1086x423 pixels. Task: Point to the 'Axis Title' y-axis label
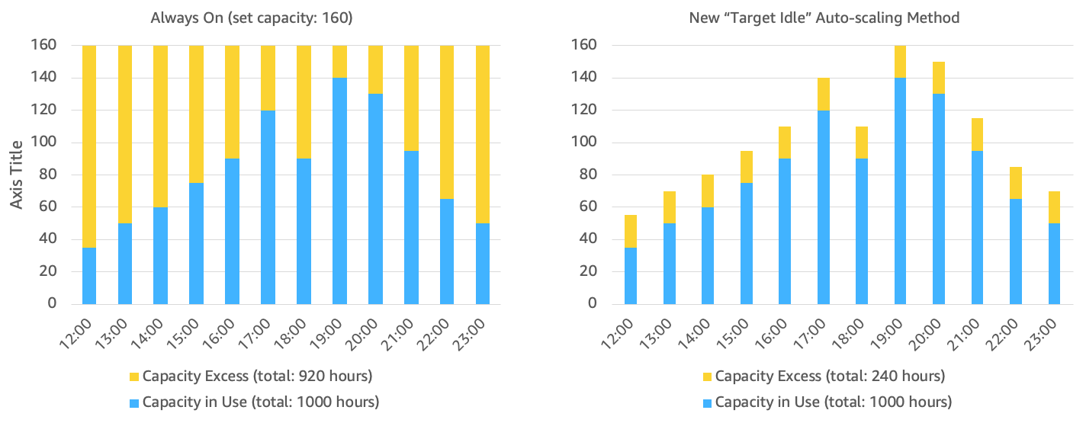click(17, 174)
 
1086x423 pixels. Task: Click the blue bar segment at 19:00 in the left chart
click(339, 191)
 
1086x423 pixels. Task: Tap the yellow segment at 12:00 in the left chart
click(89, 145)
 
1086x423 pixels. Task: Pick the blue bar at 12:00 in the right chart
click(631, 275)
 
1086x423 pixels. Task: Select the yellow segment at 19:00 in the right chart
click(901, 61)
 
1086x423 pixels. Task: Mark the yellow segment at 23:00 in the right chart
click(1055, 207)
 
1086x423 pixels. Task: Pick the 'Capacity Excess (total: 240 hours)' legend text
click(830, 376)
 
